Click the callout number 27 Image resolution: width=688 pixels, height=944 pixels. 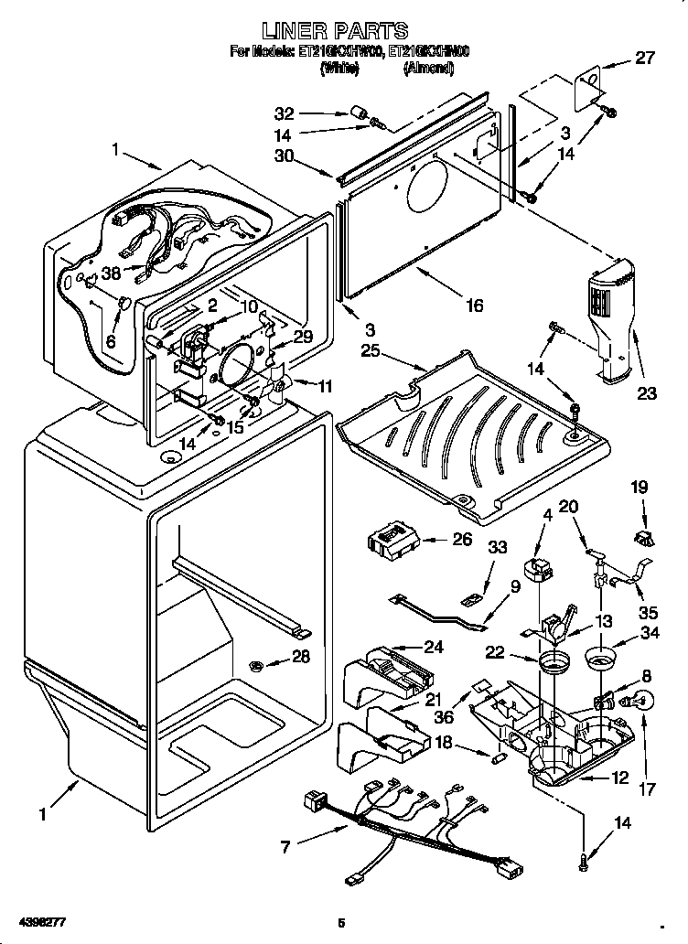[x=645, y=59]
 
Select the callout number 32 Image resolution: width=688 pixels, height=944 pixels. [x=285, y=113]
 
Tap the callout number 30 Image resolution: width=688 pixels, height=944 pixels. [x=285, y=156]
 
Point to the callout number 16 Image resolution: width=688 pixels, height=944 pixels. [x=473, y=306]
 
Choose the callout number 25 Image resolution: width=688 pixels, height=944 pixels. [x=370, y=350]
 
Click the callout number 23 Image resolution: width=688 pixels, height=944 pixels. [x=647, y=394]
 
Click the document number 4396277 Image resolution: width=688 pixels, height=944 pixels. [x=38, y=917]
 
